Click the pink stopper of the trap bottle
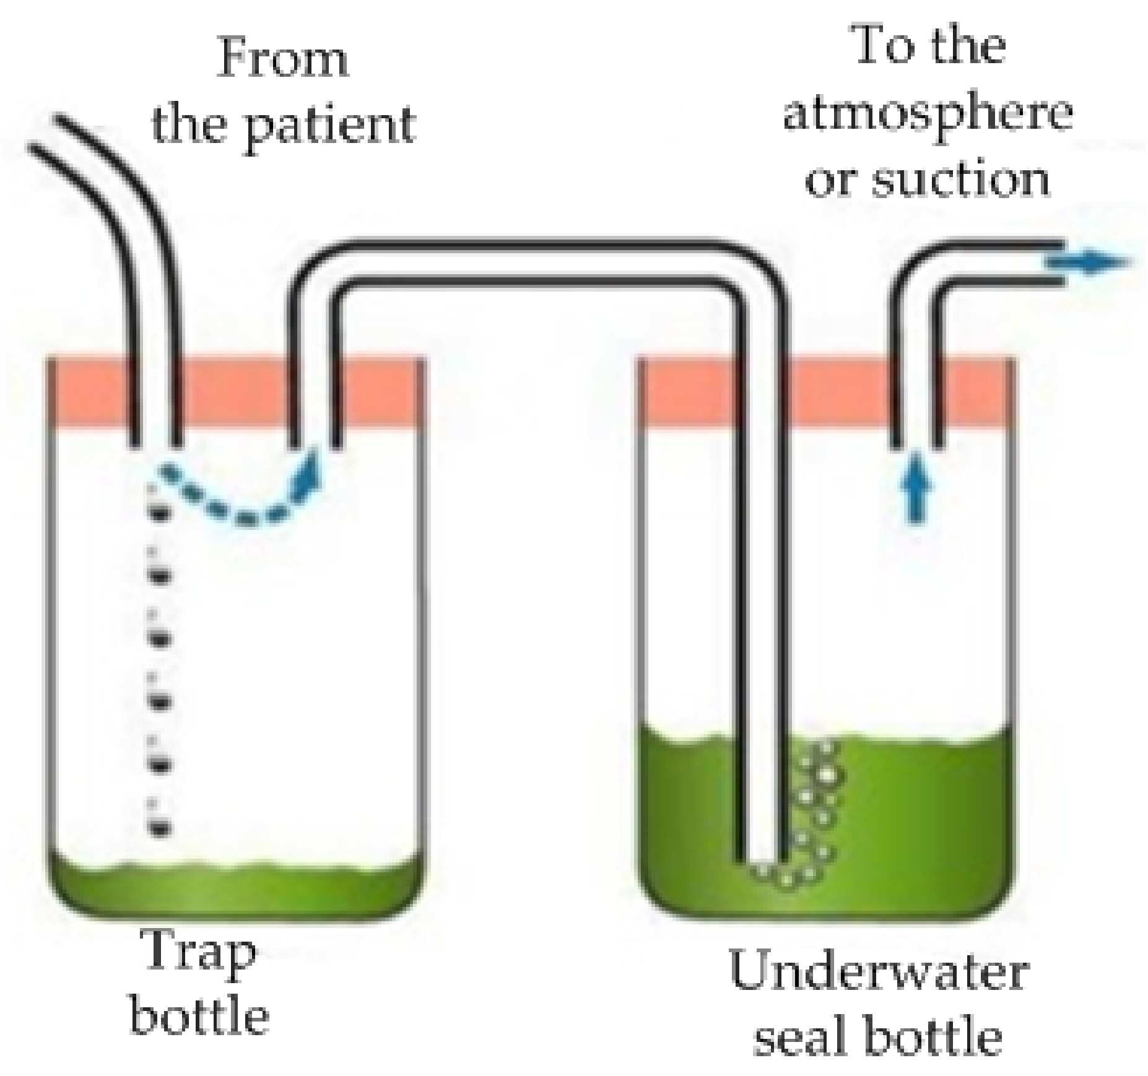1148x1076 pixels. point(235,393)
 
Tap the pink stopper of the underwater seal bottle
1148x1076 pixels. point(824,393)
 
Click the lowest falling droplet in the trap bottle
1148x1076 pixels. point(160,828)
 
